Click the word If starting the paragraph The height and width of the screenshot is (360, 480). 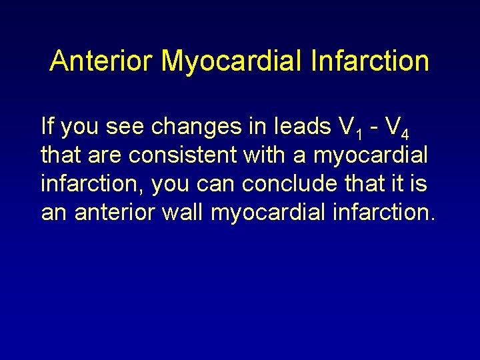(47, 125)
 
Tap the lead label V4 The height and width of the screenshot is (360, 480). (396, 127)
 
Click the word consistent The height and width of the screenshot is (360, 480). (183, 155)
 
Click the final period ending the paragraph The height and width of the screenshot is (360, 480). (433, 219)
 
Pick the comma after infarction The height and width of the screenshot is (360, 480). (145, 191)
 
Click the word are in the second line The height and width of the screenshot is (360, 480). (105, 155)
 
